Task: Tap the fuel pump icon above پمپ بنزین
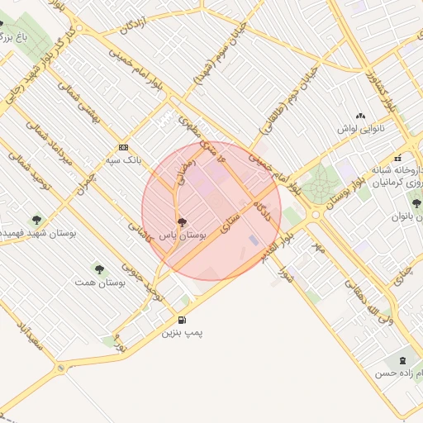click(181, 321)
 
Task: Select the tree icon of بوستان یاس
click(182, 222)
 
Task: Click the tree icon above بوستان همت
click(99, 269)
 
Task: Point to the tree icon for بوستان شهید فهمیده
click(36, 220)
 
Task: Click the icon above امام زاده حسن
click(402, 360)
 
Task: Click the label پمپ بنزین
click(181, 333)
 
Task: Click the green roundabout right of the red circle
click(315, 187)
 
